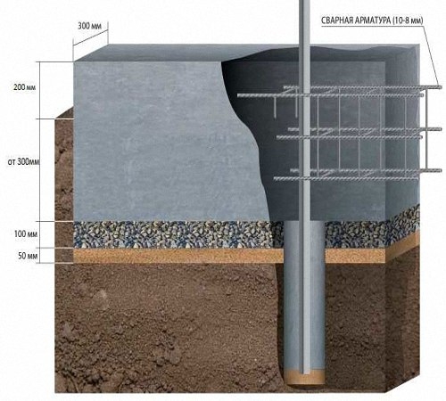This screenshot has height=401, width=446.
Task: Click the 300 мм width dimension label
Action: [90, 26]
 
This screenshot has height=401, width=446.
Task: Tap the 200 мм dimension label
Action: [25, 87]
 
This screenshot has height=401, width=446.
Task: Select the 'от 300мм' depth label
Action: [23, 162]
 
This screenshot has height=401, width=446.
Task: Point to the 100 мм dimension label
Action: [26, 234]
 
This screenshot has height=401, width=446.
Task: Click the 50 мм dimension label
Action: [28, 256]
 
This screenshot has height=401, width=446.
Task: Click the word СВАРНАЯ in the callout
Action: [337, 20]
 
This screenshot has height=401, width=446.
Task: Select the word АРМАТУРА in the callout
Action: [373, 20]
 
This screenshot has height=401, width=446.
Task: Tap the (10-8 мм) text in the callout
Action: [408, 20]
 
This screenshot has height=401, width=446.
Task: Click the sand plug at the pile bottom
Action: [304, 377]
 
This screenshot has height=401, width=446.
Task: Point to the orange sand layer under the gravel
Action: [178, 256]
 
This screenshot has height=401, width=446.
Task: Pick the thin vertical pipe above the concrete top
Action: [304, 22]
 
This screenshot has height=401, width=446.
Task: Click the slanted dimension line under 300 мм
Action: [90, 37]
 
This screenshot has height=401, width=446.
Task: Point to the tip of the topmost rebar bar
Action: [441, 87]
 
